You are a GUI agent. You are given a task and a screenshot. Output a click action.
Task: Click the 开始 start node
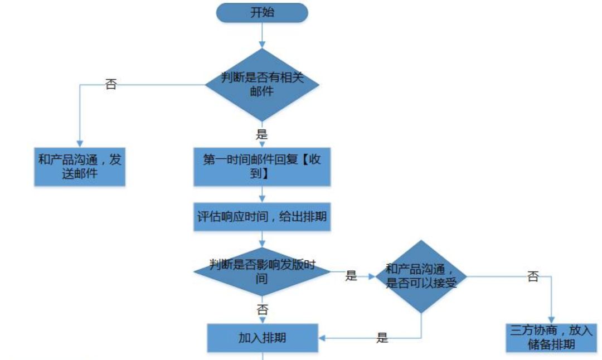tap(261, 13)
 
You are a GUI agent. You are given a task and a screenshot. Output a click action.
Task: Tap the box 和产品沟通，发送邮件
tap(79, 166)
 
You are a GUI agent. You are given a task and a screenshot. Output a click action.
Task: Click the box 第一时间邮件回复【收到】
tap(261, 166)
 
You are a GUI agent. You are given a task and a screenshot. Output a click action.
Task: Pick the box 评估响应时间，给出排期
tap(262, 217)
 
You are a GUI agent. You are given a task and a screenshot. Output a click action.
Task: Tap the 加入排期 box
tap(262, 338)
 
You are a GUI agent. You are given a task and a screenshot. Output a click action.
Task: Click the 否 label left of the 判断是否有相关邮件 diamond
tap(111, 85)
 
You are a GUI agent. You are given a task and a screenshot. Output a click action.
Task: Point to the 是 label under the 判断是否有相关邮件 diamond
tap(261, 134)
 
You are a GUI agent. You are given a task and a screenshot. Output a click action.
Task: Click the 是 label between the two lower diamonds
tap(351, 275)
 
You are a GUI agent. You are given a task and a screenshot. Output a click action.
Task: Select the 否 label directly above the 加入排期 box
tap(262, 310)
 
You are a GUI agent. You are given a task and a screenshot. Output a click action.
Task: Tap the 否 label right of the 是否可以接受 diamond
tap(533, 276)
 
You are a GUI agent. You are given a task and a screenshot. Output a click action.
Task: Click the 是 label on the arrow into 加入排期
tap(382, 338)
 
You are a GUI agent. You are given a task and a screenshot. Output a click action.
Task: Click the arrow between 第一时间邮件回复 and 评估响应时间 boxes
tap(261, 195)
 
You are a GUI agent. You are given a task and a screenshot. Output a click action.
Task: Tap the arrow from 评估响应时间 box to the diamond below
tap(261, 240)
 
